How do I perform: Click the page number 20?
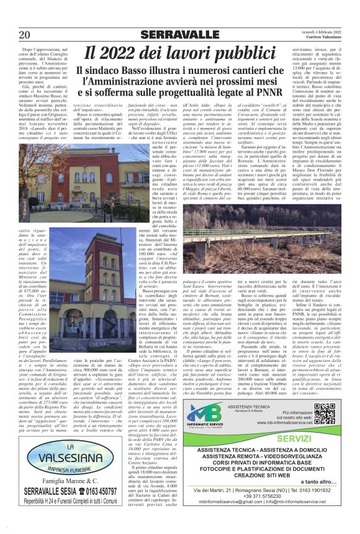(x=27, y=35)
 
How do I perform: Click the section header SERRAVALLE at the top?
(x=179, y=34)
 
